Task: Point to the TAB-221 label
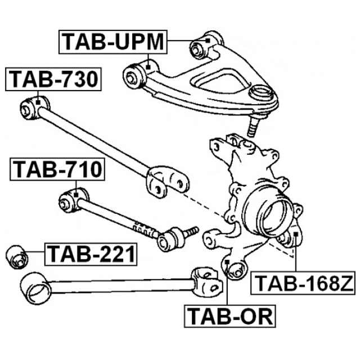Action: pos(91,254)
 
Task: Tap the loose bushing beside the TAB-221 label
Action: pos(16,256)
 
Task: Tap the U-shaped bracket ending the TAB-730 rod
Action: pos(164,180)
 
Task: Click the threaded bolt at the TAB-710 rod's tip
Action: pos(190,231)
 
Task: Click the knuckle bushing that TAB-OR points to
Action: pos(232,269)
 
